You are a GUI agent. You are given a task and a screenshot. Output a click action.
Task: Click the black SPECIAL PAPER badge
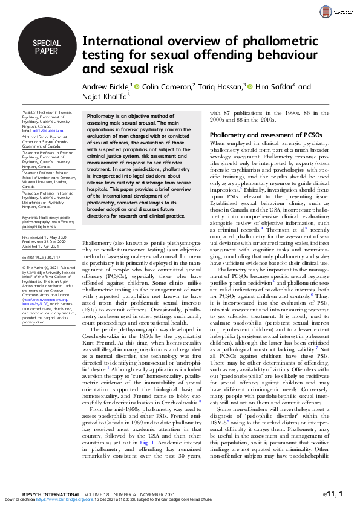47,47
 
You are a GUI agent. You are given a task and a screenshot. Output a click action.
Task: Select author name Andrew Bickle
105,86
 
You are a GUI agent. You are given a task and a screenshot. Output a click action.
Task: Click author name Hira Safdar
277,86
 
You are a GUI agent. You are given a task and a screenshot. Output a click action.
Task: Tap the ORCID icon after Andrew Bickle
137,86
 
